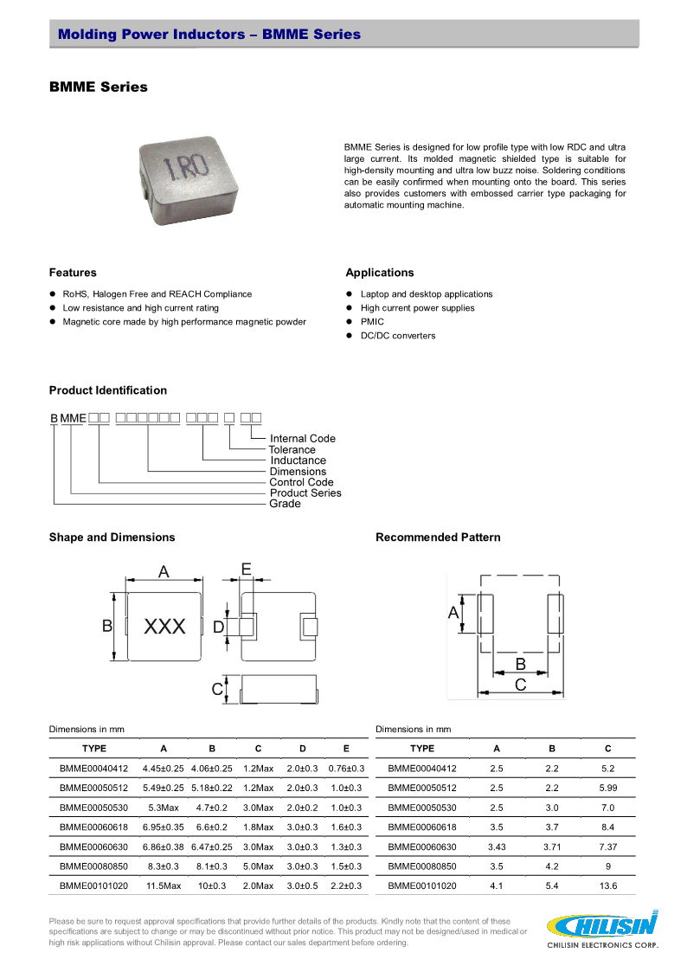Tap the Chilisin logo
click(602, 929)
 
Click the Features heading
click(73, 273)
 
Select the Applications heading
click(380, 273)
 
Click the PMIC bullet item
click(372, 322)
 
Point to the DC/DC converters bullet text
click(398, 336)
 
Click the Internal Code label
click(302, 439)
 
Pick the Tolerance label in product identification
click(292, 450)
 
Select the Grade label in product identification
click(285, 504)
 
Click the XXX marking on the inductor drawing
click(164, 627)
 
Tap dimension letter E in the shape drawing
click(247, 570)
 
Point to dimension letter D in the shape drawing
click(218, 627)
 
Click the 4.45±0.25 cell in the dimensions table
click(164, 769)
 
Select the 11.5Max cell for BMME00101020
click(164, 886)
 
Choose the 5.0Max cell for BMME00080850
click(258, 866)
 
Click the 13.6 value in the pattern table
click(607, 886)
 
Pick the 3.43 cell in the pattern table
click(497, 847)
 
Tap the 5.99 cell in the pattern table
click(607, 789)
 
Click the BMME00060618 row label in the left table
click(93, 827)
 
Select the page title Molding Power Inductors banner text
click(209, 35)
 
